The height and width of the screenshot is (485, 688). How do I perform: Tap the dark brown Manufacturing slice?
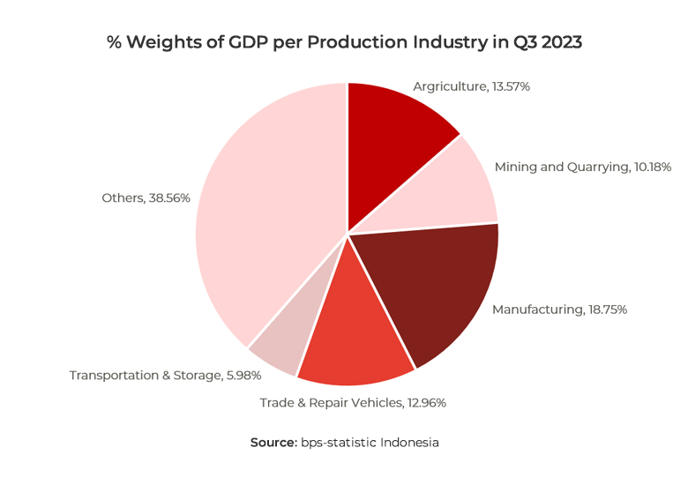click(x=437, y=287)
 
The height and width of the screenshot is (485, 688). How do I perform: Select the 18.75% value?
click(x=608, y=310)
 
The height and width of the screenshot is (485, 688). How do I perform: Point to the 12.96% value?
click(x=426, y=403)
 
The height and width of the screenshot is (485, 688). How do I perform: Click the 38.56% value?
click(x=170, y=198)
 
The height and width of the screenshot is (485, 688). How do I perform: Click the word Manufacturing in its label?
click(x=537, y=310)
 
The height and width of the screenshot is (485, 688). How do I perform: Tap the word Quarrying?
click(x=593, y=166)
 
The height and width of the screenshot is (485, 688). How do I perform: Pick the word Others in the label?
click(x=122, y=198)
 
